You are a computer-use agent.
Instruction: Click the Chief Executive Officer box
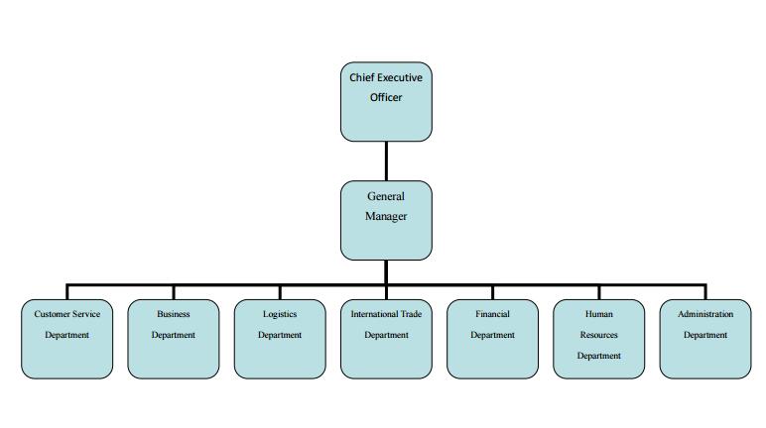click(386, 101)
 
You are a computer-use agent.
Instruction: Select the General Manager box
click(386, 220)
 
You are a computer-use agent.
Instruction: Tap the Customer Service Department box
click(66, 339)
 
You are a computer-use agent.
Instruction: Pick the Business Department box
click(174, 339)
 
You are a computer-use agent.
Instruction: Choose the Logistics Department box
click(280, 339)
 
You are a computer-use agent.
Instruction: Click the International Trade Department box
click(386, 339)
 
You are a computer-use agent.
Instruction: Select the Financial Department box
click(492, 339)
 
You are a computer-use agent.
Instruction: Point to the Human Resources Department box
click(598, 339)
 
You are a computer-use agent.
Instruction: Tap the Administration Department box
click(705, 339)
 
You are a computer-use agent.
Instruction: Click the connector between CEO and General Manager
click(386, 160)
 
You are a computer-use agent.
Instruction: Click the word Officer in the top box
click(386, 98)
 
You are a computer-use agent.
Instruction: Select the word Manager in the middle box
click(386, 216)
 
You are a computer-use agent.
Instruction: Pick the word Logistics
click(280, 314)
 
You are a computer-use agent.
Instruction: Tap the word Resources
click(598, 335)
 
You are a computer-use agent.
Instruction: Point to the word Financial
click(492, 314)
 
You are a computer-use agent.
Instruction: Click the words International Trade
click(386, 314)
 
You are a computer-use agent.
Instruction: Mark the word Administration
click(705, 314)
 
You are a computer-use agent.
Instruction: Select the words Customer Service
click(66, 314)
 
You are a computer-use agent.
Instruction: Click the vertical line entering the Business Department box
click(174, 291)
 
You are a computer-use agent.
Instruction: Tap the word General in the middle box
click(386, 196)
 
